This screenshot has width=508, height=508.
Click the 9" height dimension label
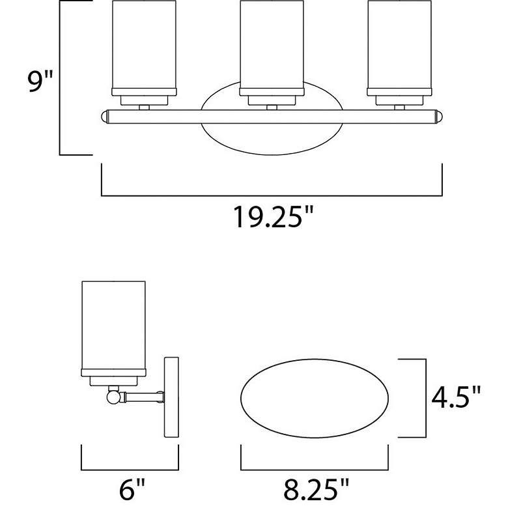(40, 81)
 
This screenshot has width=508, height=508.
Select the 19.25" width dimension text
(273, 216)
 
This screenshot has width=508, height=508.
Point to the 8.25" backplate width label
(317, 489)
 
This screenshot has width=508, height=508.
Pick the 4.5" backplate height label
(456, 397)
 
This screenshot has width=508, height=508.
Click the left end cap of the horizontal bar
(104, 117)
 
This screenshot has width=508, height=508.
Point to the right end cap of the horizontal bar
(439, 117)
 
